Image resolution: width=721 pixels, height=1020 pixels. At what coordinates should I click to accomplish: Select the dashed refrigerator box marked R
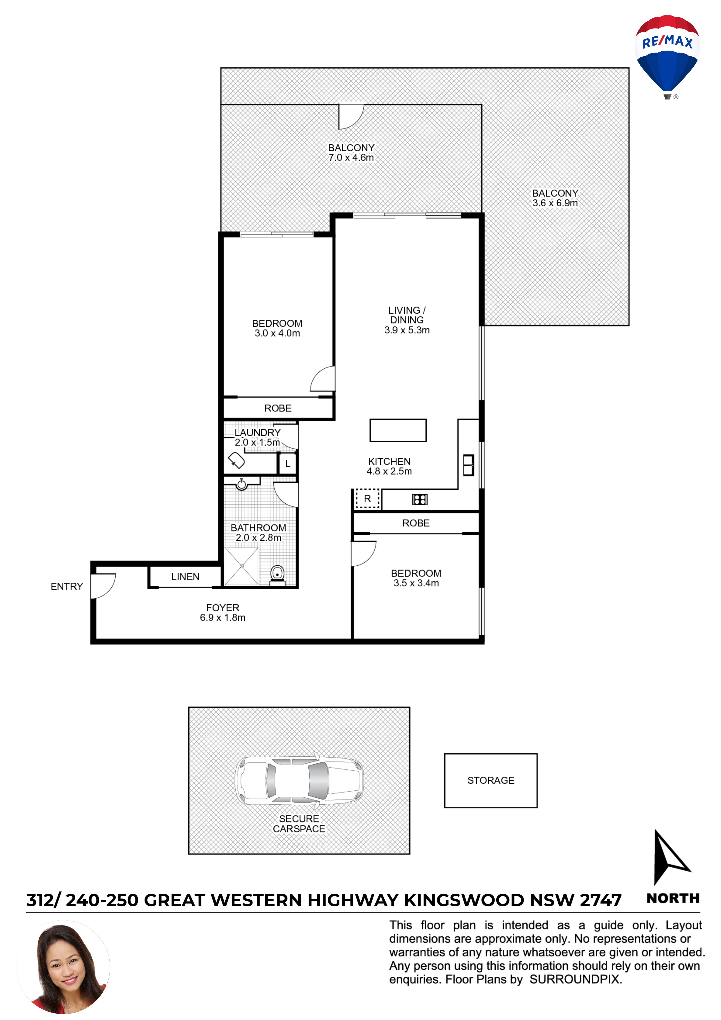tap(367, 498)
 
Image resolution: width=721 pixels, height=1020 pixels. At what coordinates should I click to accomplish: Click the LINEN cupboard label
tap(185, 577)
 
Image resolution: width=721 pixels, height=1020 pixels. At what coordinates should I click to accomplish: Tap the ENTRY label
tap(67, 586)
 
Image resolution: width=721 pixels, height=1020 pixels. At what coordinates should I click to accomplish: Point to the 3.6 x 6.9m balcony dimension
tap(555, 203)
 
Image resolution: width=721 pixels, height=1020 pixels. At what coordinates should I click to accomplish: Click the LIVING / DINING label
tap(407, 315)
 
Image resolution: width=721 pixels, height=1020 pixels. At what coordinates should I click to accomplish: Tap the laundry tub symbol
tap(236, 461)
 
